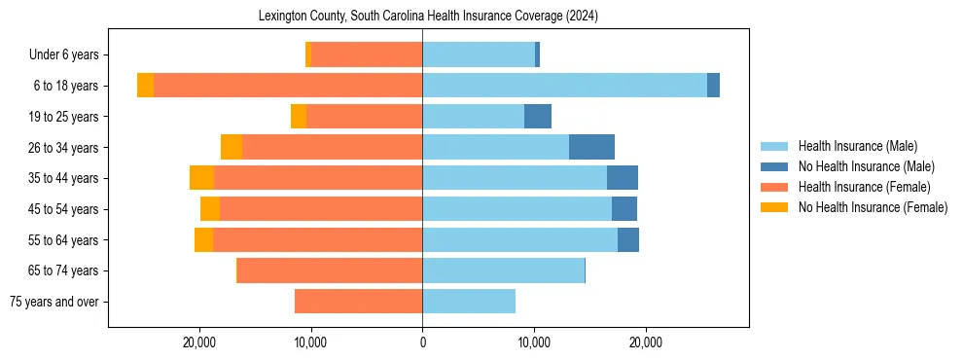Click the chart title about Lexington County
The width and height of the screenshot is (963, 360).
pyautogui.click(x=428, y=17)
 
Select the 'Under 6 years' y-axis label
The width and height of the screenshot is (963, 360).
pyautogui.click(x=69, y=55)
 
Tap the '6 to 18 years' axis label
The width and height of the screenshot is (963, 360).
pyautogui.click(x=66, y=86)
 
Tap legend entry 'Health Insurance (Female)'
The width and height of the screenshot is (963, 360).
pyautogui.click(x=864, y=187)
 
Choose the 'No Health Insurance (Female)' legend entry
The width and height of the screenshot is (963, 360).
pyautogui.click(x=873, y=207)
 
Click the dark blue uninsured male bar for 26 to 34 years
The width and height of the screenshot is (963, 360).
pyautogui.click(x=591, y=147)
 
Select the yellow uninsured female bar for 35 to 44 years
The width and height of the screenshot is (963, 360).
pyautogui.click(x=201, y=178)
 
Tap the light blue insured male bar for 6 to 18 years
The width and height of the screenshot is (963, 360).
pyautogui.click(x=564, y=86)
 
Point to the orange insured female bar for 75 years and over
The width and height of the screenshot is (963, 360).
pyautogui.click(x=358, y=302)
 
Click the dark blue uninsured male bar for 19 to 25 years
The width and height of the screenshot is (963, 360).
pyautogui.click(x=538, y=117)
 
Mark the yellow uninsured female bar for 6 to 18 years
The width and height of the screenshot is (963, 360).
pyautogui.click(x=145, y=86)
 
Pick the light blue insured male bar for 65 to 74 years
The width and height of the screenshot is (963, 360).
pyautogui.click(x=503, y=270)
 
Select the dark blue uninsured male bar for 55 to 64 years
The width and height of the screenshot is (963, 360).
pyautogui.click(x=628, y=240)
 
